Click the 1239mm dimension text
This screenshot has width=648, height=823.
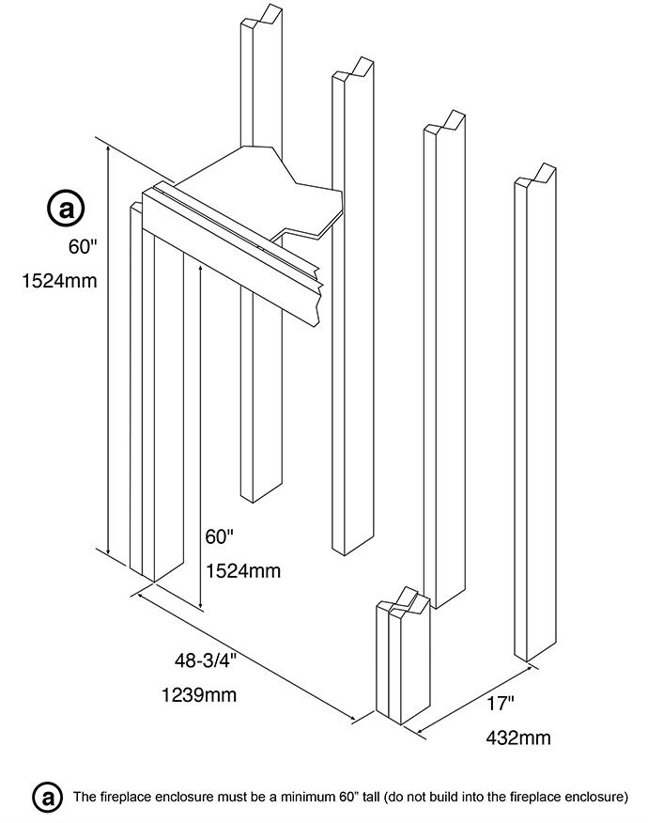pyautogui.click(x=199, y=695)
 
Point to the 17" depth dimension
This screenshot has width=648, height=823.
pyautogui.click(x=501, y=702)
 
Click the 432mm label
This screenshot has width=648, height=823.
pyautogui.click(x=518, y=738)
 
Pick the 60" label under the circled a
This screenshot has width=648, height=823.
pyautogui.click(x=83, y=247)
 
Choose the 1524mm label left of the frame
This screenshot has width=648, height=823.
pyautogui.click(x=59, y=280)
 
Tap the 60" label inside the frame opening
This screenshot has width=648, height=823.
pyautogui.click(x=219, y=536)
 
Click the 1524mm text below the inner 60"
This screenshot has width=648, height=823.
pyautogui.click(x=242, y=570)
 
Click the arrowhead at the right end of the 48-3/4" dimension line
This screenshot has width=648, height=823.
pyautogui.click(x=354, y=720)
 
